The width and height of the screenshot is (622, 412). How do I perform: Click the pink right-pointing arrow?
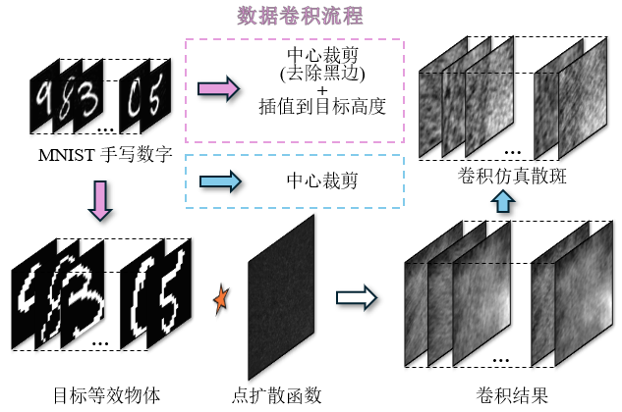218,89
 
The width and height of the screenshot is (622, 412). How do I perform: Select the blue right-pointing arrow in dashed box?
218,180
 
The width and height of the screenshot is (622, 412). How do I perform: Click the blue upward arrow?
502,201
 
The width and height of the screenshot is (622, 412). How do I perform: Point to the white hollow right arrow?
357,298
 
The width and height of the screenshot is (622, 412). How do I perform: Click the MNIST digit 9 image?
43,98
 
